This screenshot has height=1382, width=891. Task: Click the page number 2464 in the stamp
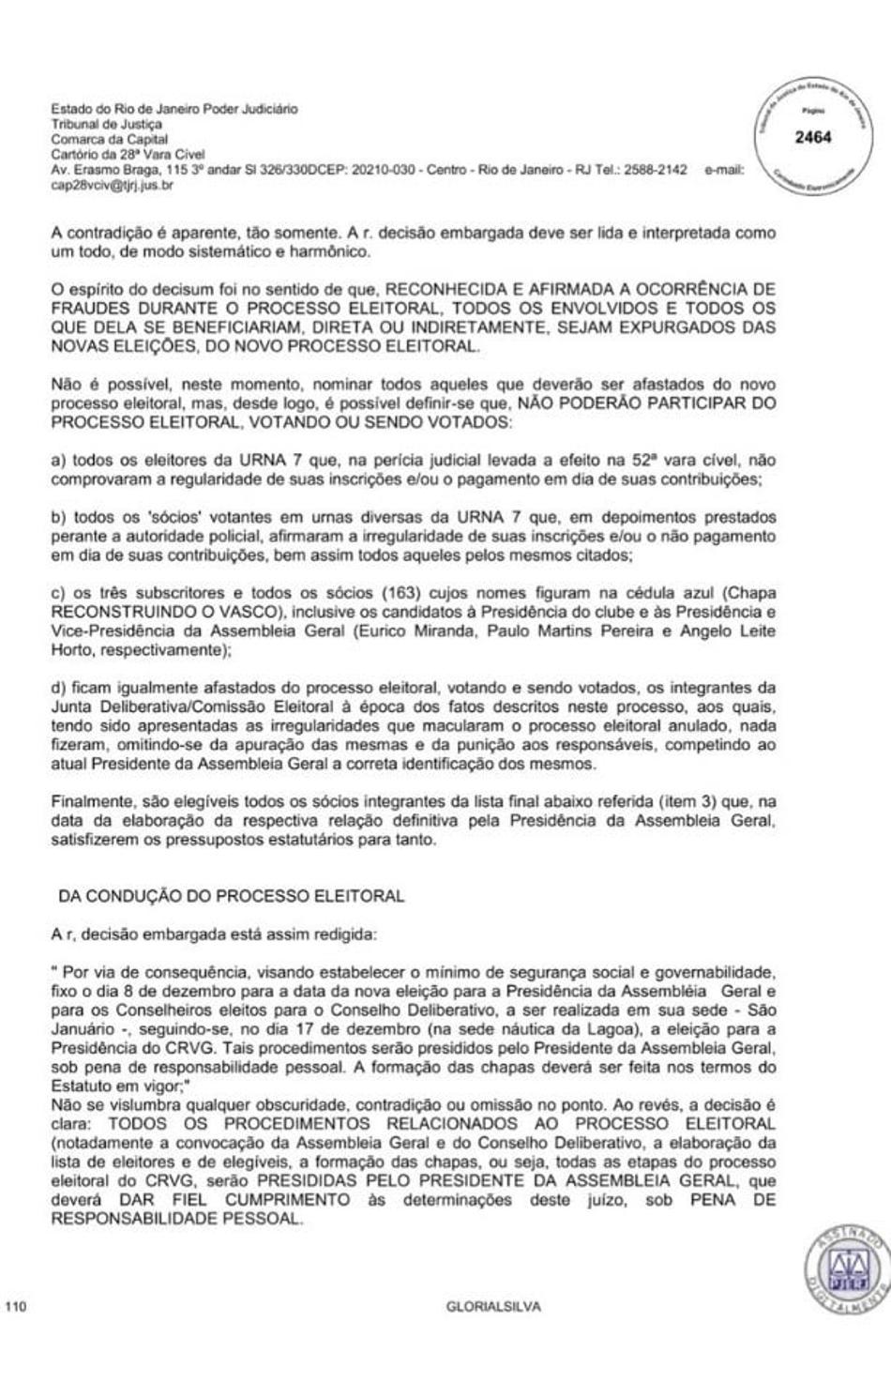click(812, 137)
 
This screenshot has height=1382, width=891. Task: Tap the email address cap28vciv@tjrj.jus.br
click(112, 186)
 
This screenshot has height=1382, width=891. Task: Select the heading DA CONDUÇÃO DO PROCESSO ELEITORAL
click(231, 896)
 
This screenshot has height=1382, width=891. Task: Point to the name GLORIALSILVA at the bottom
click(493, 1306)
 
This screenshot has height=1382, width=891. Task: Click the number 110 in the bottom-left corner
click(16, 1306)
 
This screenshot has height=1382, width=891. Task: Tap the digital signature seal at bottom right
click(847, 1269)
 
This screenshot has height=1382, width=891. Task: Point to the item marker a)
click(59, 461)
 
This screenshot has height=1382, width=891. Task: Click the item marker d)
click(59, 688)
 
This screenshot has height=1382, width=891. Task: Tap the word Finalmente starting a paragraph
click(91, 802)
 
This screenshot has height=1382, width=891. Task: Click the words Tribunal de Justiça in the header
click(106, 124)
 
